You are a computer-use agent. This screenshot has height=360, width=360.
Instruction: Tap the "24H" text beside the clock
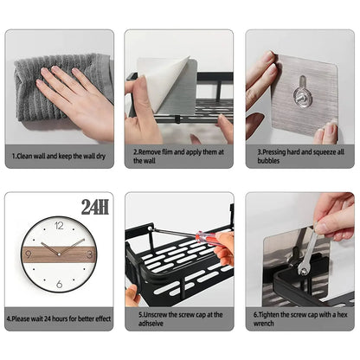95,207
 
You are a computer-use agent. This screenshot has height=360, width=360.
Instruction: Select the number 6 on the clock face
59,284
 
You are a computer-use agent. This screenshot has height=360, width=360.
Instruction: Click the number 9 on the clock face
30,254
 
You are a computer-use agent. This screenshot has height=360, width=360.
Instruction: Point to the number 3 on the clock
88,254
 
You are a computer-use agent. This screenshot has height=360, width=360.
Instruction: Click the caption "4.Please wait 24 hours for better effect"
58,318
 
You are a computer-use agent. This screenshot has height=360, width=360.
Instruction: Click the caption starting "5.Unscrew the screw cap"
179,318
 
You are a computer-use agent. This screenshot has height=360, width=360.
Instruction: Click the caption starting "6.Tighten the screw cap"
299,318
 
